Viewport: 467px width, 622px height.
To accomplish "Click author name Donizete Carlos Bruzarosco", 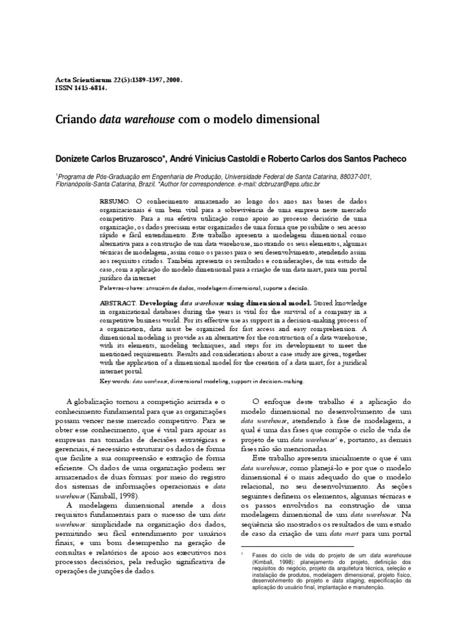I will pyautogui.click(x=116, y=159).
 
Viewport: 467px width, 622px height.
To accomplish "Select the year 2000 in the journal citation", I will pyautogui.click(x=173, y=80).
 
